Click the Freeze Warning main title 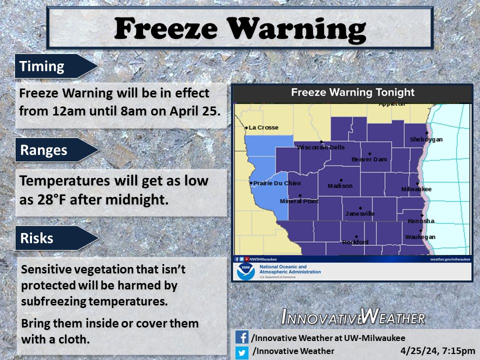[239, 29]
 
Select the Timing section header [42, 66]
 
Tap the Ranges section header [44, 150]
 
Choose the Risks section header [36, 238]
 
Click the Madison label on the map [340, 186]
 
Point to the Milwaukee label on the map [416, 189]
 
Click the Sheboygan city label [426, 139]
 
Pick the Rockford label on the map [355, 242]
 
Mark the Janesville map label [359, 213]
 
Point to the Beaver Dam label [369, 159]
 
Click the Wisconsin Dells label [320, 147]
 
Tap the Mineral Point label [299, 201]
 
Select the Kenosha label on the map [421, 220]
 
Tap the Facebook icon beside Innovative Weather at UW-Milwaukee [242, 337]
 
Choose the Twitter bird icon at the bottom [242, 351]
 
